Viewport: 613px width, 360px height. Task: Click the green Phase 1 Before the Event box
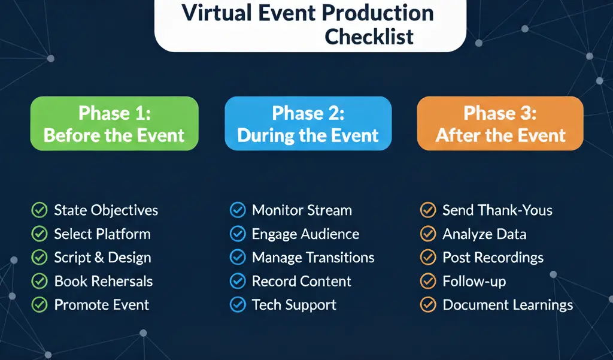(114, 123)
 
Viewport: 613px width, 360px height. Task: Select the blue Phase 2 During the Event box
(308, 123)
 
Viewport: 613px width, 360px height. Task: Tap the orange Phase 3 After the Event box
(500, 123)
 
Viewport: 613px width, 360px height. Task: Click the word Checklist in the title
(369, 37)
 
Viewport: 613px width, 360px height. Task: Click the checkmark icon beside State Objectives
(39, 210)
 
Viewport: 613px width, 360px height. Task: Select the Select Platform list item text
(102, 234)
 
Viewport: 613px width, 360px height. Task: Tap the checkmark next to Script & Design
(39, 258)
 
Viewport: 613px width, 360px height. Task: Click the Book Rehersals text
(104, 282)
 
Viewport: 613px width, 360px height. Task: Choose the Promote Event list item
(102, 305)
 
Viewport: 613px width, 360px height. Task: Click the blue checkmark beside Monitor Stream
(238, 210)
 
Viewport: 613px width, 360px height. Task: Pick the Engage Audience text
(305, 234)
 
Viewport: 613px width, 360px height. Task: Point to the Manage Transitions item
(313, 258)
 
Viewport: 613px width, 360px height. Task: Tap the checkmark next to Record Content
(238, 281)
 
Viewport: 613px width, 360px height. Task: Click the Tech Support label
(294, 305)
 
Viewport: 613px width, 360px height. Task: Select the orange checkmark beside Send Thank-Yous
(428, 210)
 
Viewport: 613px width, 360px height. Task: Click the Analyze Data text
(484, 234)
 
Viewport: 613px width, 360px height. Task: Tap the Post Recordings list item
(493, 258)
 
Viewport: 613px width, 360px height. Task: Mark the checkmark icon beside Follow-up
(428, 281)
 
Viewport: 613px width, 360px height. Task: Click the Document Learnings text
(508, 305)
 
